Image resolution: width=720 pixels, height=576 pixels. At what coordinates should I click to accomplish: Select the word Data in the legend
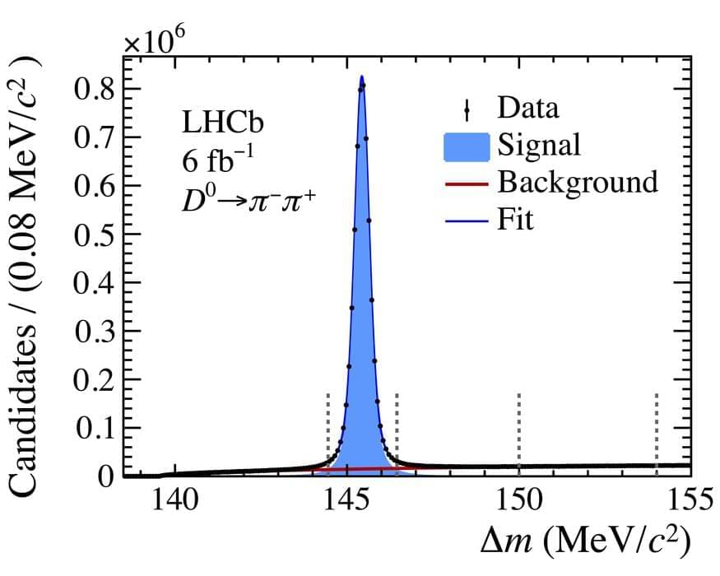click(527, 108)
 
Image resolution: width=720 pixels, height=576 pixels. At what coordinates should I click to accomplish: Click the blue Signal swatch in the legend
click(467, 145)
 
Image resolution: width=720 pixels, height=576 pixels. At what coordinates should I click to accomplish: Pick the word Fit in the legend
click(515, 221)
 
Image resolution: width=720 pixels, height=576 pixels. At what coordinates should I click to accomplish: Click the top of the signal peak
click(361, 78)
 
